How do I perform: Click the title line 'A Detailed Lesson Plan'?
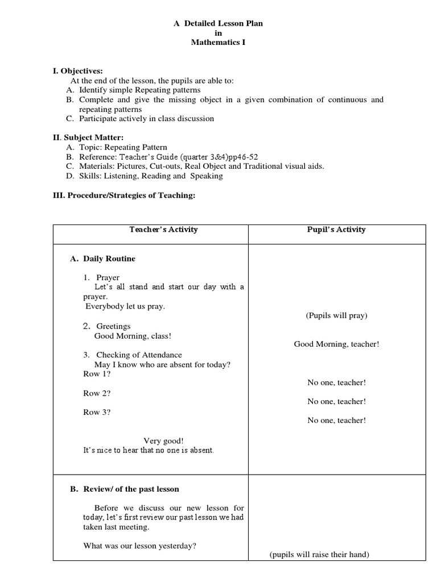(218, 23)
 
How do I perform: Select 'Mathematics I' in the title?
(218, 43)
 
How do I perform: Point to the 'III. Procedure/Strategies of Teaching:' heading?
(123, 195)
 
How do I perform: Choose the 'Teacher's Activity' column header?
(163, 230)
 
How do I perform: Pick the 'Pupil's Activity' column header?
(336, 230)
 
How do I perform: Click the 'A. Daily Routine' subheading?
(102, 259)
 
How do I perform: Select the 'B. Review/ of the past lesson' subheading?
(124, 489)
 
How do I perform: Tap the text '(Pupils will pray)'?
(336, 315)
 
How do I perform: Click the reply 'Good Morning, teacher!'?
(336, 344)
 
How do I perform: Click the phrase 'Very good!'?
(164, 440)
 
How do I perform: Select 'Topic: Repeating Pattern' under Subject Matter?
(122, 147)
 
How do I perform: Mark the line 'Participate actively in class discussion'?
(146, 119)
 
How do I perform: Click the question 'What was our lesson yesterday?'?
(140, 546)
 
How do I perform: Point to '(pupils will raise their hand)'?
(319, 555)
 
